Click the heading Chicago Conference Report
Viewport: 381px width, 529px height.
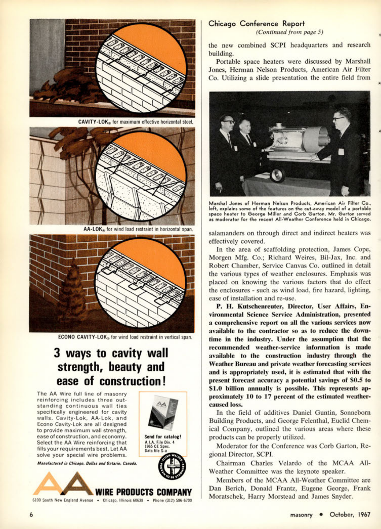tap(257, 24)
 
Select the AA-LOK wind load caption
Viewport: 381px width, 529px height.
tap(138, 229)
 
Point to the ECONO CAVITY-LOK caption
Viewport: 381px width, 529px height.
tap(125, 337)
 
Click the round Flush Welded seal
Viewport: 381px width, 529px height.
tap(172, 466)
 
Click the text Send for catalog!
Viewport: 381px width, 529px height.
tap(162, 436)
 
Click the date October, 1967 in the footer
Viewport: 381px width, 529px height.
tap(350, 514)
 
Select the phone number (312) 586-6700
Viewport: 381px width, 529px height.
tap(172, 500)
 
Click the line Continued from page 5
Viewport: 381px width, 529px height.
tap(289, 32)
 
